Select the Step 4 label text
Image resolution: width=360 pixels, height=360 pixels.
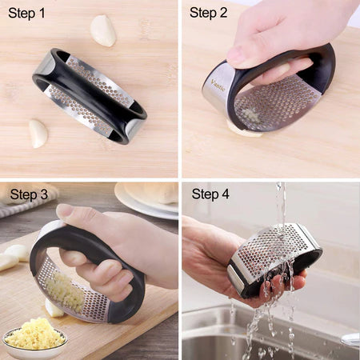coord(210,194)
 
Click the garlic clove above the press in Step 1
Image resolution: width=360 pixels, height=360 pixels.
coord(102,30)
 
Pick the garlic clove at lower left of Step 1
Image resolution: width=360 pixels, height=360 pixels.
coord(38,133)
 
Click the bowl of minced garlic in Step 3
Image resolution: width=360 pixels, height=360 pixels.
coord(34,337)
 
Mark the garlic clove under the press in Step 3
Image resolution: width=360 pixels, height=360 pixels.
coord(54,308)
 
